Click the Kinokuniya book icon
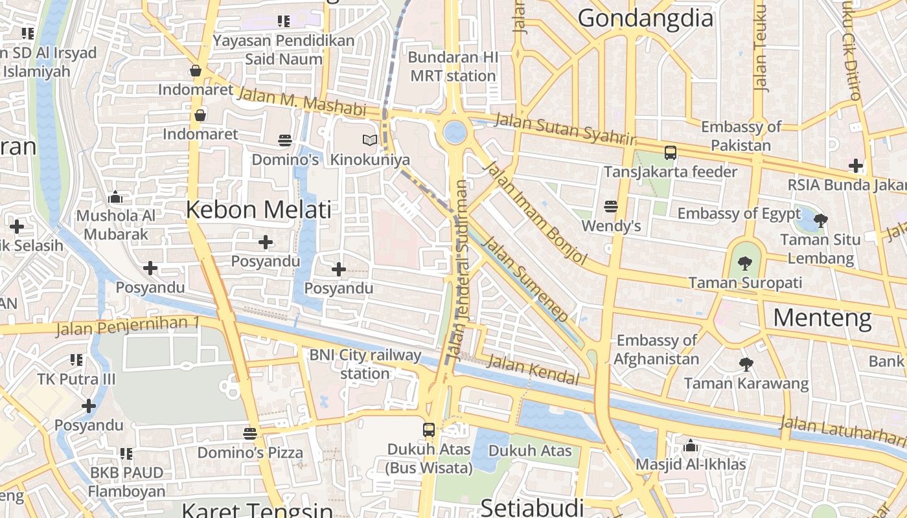click(x=369, y=140)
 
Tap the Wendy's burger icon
click(x=610, y=207)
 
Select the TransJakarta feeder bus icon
click(x=671, y=153)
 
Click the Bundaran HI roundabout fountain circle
click(x=455, y=133)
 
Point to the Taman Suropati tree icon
click(x=745, y=263)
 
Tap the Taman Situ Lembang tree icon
click(x=821, y=220)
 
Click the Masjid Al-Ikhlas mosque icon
click(x=691, y=445)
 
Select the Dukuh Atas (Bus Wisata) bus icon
click(x=429, y=429)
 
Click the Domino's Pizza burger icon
click(x=250, y=433)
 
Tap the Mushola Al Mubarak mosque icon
click(x=116, y=196)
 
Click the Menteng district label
click(x=822, y=317)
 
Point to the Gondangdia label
click(x=645, y=18)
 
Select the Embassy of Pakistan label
click(x=741, y=136)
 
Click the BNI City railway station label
click(x=365, y=364)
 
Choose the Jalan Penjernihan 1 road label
click(x=128, y=326)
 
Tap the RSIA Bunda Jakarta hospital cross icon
click(x=856, y=166)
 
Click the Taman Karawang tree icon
click(x=746, y=365)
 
